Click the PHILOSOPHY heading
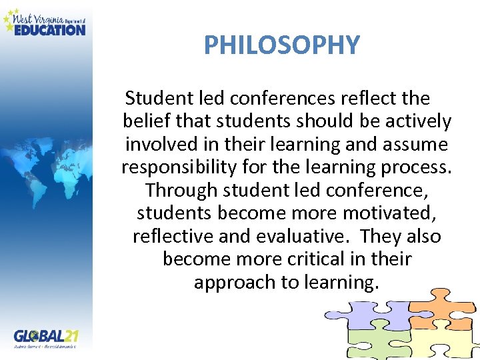(281, 45)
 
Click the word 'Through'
(181, 190)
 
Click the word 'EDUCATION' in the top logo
(50, 29)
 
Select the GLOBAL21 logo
(47, 336)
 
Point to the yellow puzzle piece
(443, 343)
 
